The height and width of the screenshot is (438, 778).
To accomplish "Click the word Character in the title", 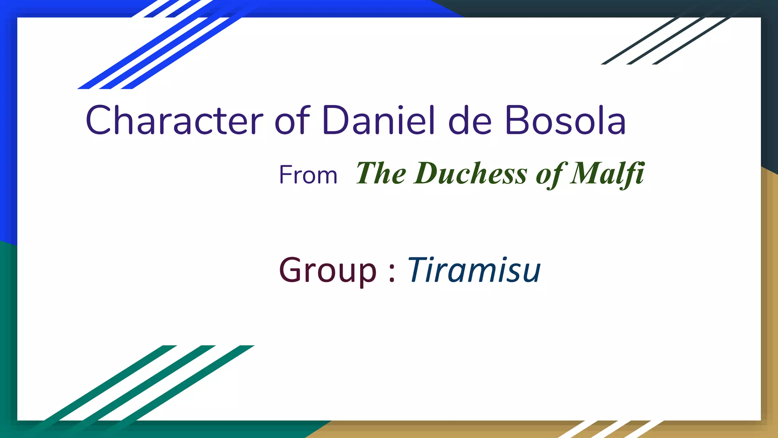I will point(174,121).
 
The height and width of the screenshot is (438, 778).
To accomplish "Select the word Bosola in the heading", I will point(565,121).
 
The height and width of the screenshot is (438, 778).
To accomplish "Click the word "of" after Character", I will point(292,121).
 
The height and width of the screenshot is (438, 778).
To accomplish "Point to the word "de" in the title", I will point(470,121).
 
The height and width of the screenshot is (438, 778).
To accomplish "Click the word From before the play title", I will point(308,175).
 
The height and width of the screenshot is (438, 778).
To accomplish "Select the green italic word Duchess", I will point(471,173).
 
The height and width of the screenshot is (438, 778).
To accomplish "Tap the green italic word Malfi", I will point(607,173).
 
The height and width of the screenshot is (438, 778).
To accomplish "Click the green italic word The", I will point(381,173).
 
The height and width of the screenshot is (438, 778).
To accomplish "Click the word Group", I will point(327,271).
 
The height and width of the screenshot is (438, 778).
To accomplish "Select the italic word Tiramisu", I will point(474,270).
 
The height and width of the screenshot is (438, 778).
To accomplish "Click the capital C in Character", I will point(98,121).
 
